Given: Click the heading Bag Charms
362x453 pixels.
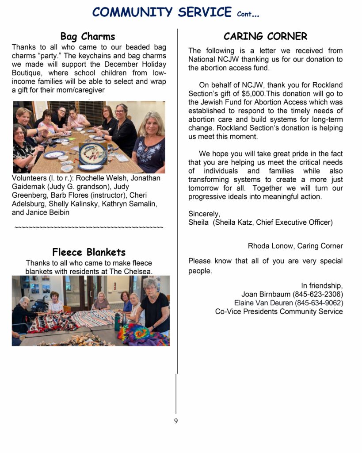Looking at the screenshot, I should point(88,36).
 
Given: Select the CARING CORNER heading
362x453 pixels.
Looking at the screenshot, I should point(265,36).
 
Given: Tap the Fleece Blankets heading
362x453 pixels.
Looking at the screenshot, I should point(89,252).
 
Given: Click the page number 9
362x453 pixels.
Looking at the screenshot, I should point(176,421).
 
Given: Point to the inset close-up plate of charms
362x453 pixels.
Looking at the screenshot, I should point(93,154).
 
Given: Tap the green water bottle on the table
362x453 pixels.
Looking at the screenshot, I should point(117,322).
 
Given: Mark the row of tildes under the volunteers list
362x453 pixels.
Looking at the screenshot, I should point(89,228).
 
